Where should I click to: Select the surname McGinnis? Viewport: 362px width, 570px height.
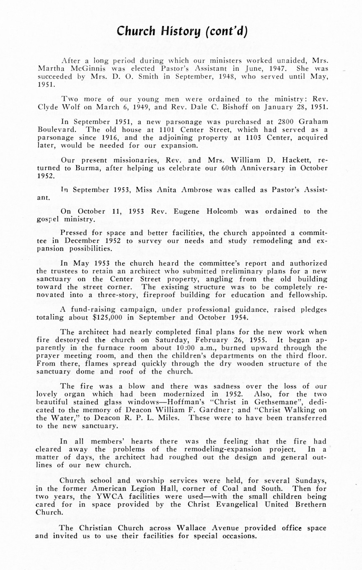(78, 68)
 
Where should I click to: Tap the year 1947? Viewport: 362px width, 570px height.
(275, 68)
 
